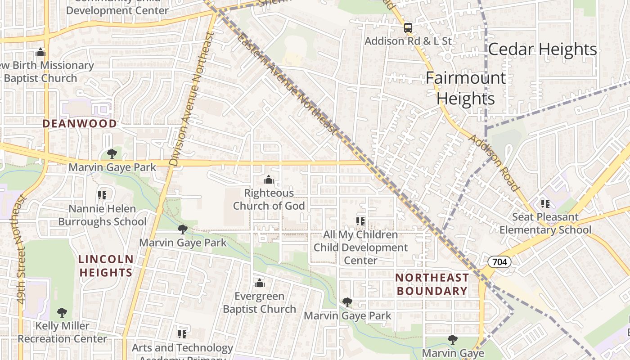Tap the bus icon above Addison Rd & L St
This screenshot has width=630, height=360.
(x=408, y=28)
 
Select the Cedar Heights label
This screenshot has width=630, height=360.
(x=542, y=49)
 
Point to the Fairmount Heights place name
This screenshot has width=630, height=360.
(x=466, y=88)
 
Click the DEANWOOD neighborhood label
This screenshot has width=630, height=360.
(x=80, y=123)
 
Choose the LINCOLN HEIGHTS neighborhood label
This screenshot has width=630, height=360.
(x=106, y=265)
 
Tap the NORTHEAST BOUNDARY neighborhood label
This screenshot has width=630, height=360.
(x=432, y=284)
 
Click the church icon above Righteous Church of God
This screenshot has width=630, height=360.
(x=269, y=180)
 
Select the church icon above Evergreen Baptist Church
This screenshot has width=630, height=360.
(x=260, y=283)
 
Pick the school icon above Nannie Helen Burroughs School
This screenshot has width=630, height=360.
(x=102, y=195)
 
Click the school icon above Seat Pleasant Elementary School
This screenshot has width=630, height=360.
(x=545, y=204)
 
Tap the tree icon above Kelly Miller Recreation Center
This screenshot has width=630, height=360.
(x=63, y=312)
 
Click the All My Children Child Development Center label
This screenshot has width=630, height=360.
(x=360, y=247)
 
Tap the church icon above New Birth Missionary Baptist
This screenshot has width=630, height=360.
(x=40, y=52)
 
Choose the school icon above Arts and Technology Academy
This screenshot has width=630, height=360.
(x=182, y=334)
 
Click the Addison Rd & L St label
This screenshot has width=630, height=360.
(x=408, y=41)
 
